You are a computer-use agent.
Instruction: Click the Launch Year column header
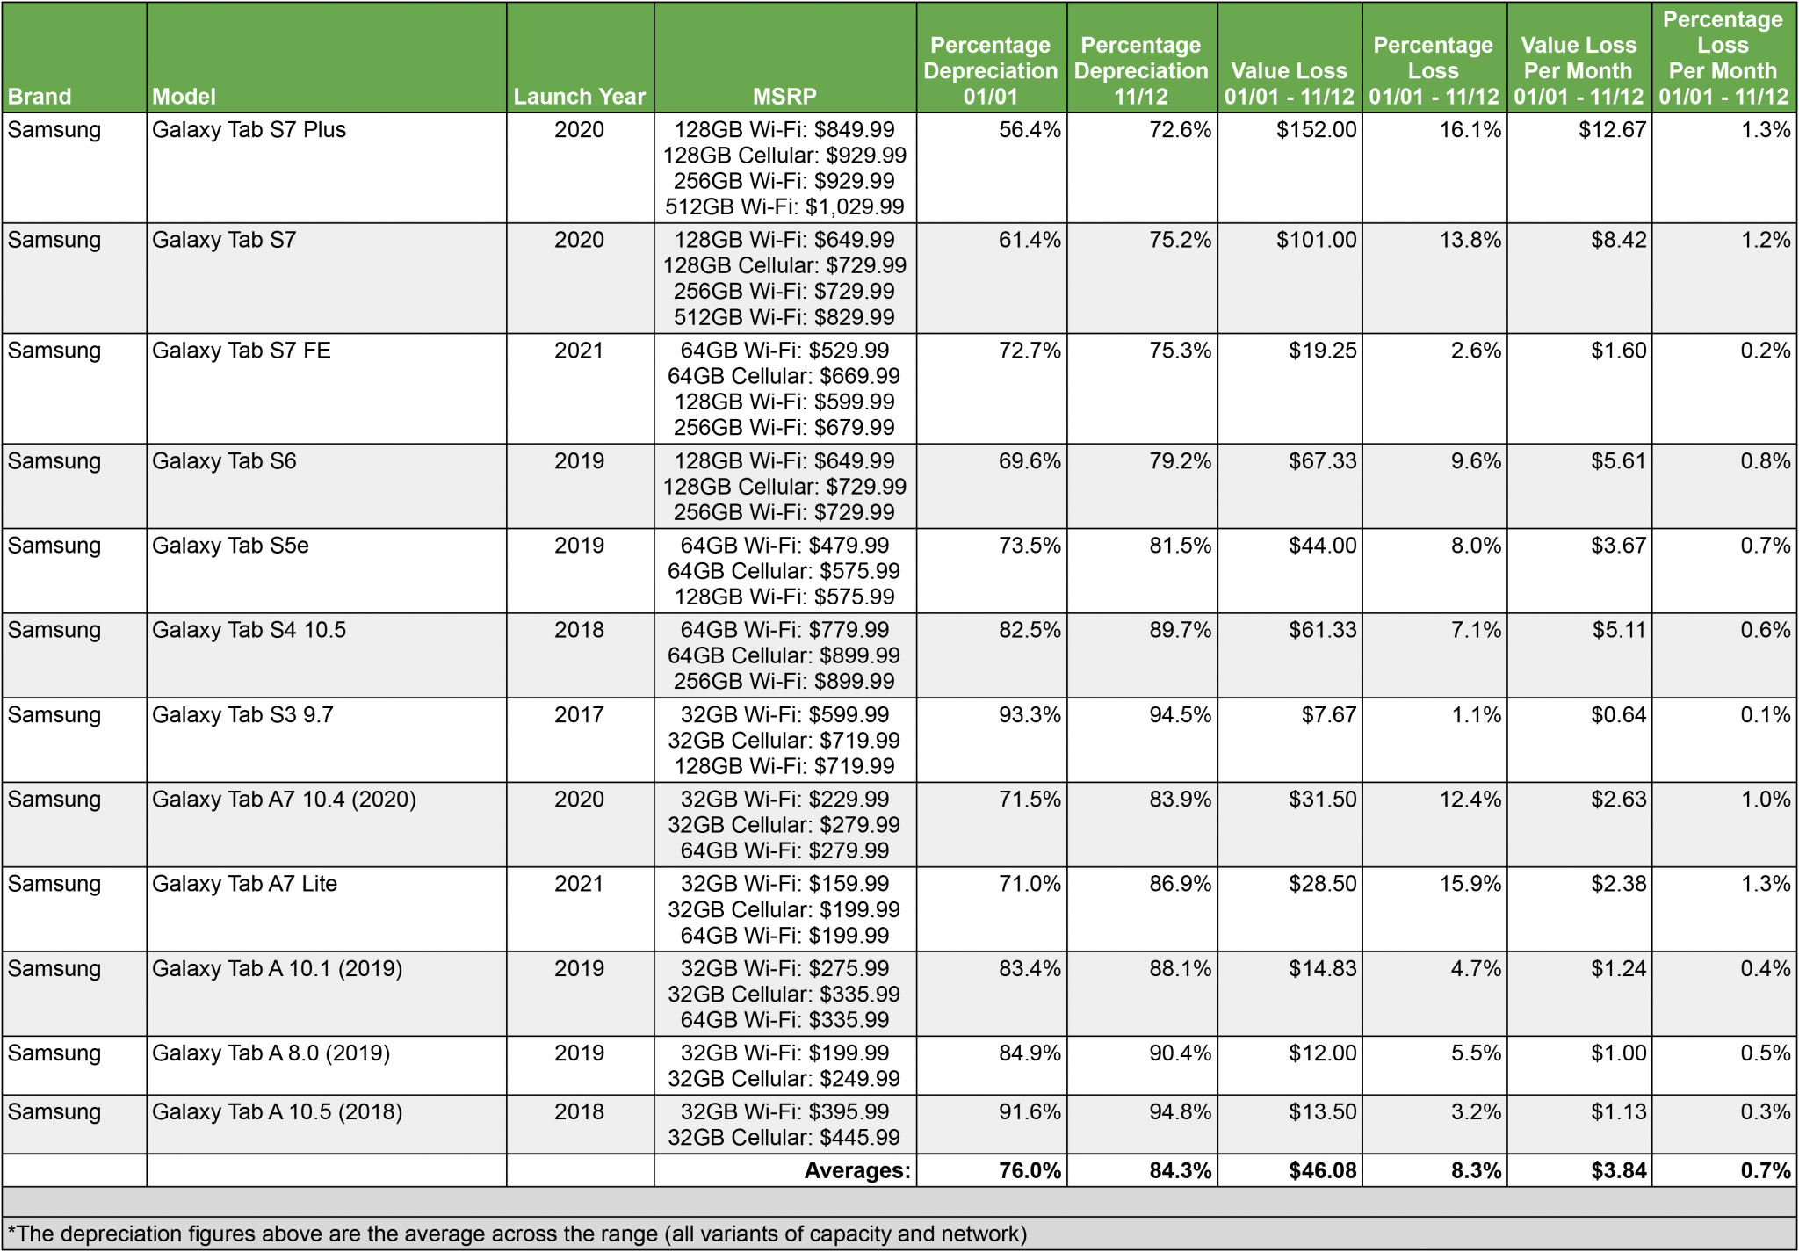(579, 96)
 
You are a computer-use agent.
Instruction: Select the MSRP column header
(784, 96)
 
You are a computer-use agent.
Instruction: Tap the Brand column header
(40, 96)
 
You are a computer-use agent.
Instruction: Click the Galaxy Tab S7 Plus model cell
(249, 130)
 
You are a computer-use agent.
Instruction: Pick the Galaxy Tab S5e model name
(230, 546)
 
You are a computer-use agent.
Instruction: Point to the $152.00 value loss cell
(1316, 130)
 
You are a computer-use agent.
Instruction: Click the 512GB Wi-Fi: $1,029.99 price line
(784, 206)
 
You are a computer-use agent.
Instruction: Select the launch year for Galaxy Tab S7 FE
(579, 351)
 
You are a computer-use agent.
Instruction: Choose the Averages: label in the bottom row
(857, 1170)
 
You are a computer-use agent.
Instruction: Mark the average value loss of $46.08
(1322, 1170)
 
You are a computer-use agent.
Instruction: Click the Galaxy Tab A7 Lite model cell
(244, 884)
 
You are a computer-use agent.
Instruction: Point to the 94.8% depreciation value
(1180, 1111)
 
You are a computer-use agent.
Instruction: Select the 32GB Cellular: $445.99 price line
(784, 1137)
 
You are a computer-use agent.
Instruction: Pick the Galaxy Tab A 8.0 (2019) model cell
(271, 1053)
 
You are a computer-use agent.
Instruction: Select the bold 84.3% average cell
(1180, 1170)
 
